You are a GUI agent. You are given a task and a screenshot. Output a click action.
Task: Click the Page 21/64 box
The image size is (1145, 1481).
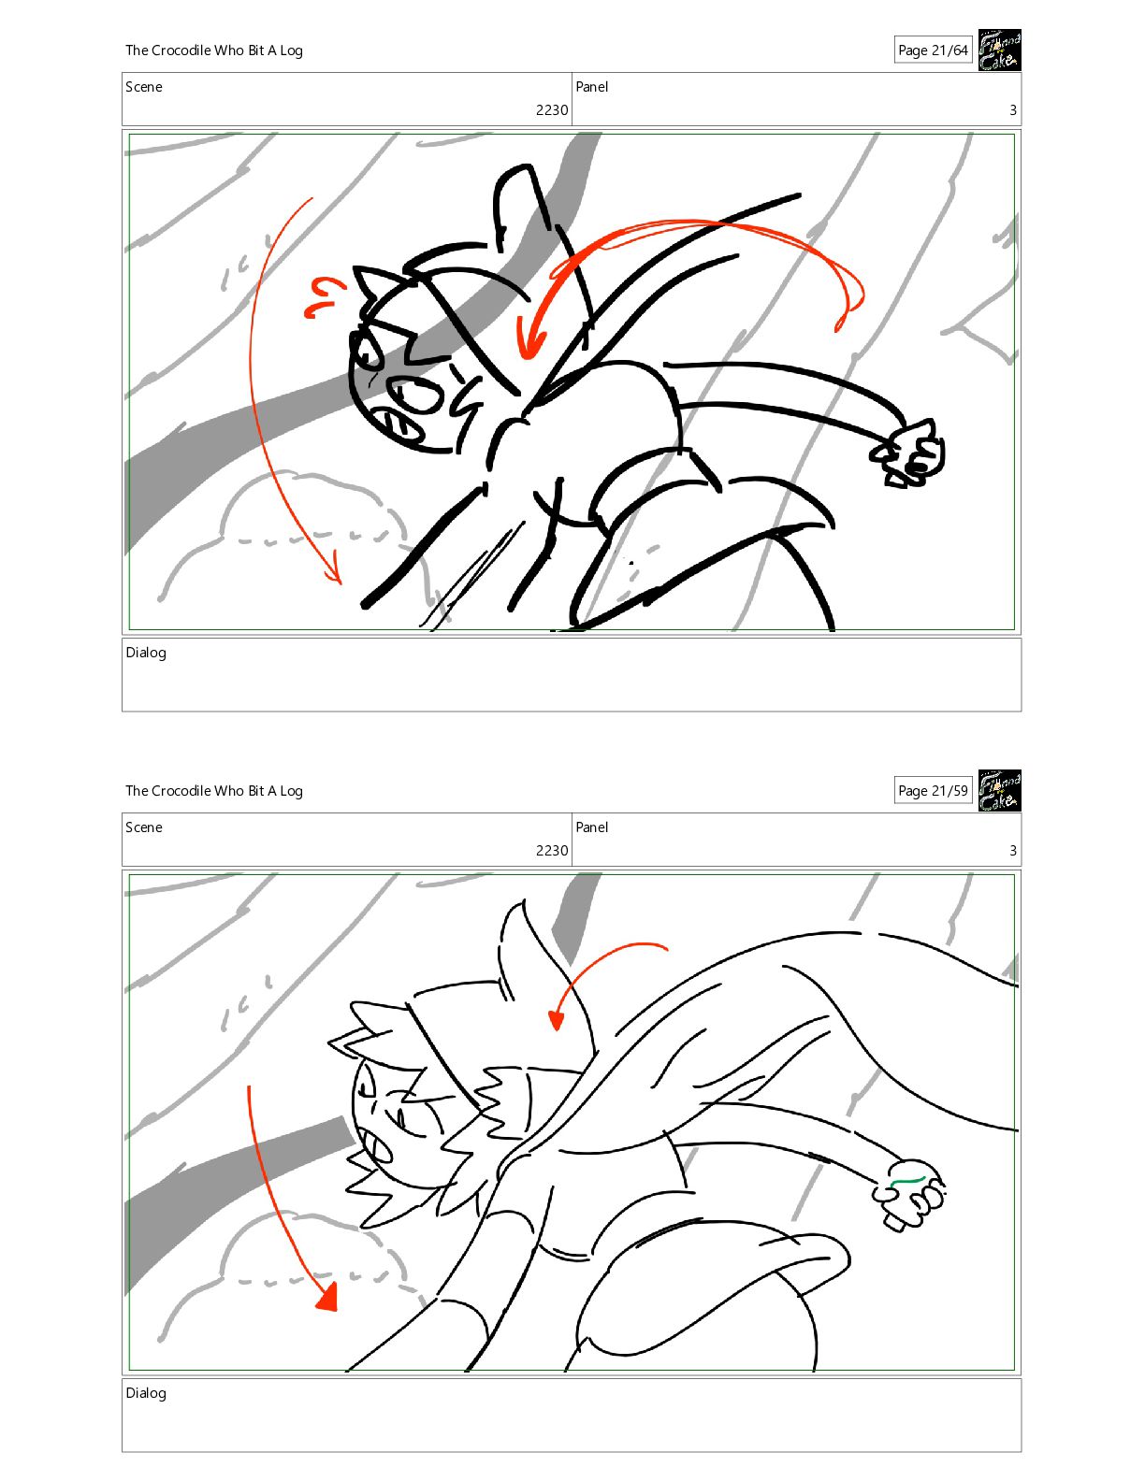(933, 50)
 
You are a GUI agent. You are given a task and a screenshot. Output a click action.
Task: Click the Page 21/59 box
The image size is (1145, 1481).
(933, 790)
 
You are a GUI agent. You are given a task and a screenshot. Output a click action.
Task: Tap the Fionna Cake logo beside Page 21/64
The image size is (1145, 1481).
(999, 50)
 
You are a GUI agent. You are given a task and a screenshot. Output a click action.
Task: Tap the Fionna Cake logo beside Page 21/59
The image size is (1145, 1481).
(999, 790)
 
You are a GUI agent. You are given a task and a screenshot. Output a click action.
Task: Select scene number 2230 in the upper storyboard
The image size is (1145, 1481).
(551, 109)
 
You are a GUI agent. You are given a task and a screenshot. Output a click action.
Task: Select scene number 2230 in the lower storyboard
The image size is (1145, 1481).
(551, 850)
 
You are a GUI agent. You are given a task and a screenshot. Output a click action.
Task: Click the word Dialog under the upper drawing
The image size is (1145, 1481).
(146, 653)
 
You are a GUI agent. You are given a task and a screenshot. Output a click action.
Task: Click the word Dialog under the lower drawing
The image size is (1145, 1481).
(146, 1392)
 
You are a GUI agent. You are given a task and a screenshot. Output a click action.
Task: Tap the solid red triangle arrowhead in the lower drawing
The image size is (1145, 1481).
(328, 1296)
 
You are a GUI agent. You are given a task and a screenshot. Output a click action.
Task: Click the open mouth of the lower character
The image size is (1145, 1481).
(377, 1150)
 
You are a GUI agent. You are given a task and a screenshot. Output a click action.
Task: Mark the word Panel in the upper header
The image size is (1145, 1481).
(591, 87)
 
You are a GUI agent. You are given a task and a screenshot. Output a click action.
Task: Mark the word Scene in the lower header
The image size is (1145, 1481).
(144, 827)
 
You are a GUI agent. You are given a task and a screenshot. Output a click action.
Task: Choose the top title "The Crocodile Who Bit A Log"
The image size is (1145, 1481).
(214, 50)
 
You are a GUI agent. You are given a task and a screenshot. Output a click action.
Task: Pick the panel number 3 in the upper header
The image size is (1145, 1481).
(1013, 109)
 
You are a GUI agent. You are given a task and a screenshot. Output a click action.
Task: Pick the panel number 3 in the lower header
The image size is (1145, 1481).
(1013, 850)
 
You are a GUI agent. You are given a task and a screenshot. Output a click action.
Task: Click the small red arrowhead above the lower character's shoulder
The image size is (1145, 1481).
(557, 1020)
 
